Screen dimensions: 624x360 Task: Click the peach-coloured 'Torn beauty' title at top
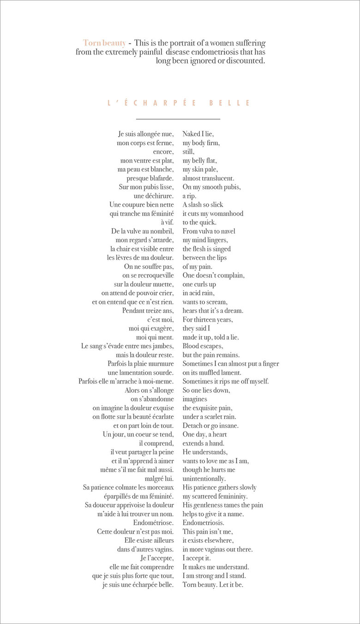point(104,43)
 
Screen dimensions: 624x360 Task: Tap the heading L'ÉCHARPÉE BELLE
point(179,103)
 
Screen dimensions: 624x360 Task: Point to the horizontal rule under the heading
point(179,119)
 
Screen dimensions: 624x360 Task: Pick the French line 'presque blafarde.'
point(150,178)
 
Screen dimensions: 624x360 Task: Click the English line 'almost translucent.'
point(208,178)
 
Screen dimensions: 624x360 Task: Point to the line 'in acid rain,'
point(198,293)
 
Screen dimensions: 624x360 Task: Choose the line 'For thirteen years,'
point(208,319)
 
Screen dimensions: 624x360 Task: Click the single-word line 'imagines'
point(195,399)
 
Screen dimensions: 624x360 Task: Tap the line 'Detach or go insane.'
point(210,426)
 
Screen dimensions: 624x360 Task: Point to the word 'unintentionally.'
point(204,479)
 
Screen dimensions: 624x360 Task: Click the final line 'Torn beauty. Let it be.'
point(213,585)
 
